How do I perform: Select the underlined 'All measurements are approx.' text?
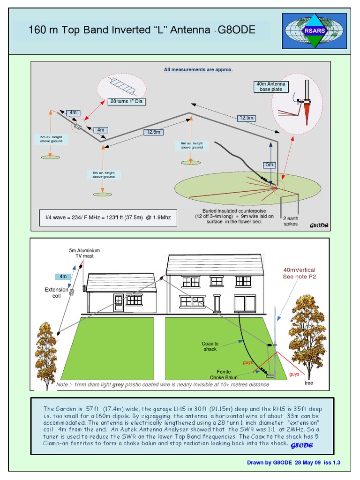[x=198, y=70]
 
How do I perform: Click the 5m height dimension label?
[x=269, y=165]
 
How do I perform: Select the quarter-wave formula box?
[x=108, y=218]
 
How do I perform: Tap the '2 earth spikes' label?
[x=290, y=221]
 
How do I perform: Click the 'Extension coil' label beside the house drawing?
[x=56, y=292]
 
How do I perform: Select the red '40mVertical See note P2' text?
[x=299, y=273]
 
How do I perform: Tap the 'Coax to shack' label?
[x=210, y=346]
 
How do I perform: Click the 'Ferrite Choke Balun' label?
[x=224, y=375]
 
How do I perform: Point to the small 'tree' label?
[x=308, y=382]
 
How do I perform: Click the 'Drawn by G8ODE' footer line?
[x=293, y=463]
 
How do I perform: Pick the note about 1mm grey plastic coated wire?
[x=163, y=384]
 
